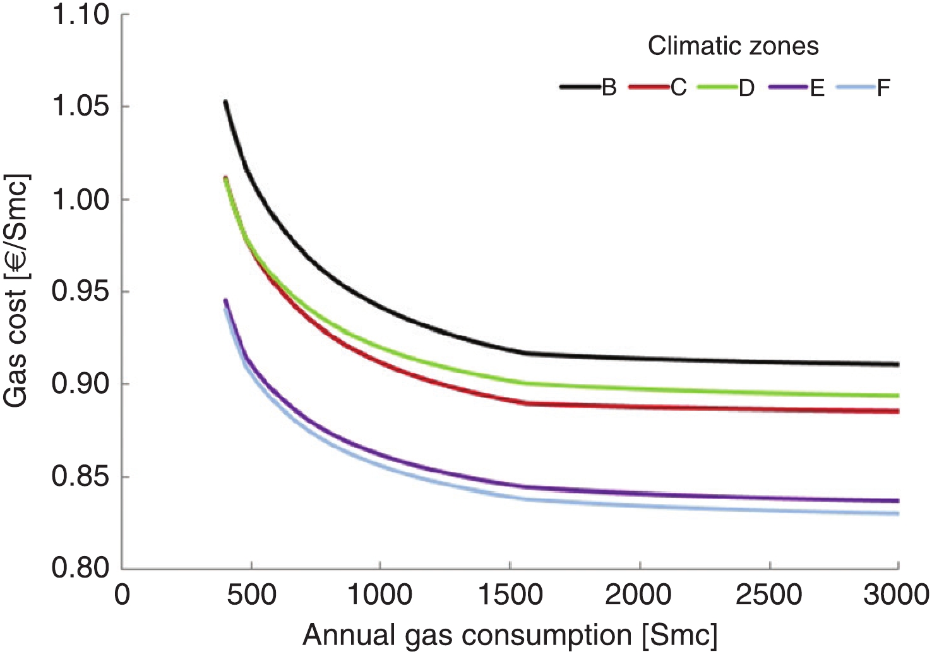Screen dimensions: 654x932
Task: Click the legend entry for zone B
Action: coord(588,87)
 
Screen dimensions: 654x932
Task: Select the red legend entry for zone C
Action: coord(658,87)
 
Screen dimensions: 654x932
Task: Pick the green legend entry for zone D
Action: coord(727,87)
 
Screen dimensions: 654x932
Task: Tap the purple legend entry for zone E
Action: coord(798,87)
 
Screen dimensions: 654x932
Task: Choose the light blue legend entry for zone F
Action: coord(863,87)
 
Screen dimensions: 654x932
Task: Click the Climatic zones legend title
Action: coord(733,46)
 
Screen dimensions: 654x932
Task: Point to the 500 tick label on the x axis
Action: coord(251,595)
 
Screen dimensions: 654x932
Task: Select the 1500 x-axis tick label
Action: coord(510,595)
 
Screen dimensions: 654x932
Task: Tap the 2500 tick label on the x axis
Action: coord(768,595)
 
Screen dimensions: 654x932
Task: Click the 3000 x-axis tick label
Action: coord(897,595)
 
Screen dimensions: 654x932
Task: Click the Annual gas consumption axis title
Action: coord(510,634)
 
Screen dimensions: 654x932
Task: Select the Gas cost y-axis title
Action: coord(16,291)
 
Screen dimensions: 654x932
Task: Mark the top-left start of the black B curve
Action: coord(225,102)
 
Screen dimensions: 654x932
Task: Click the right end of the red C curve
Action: coord(897,411)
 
